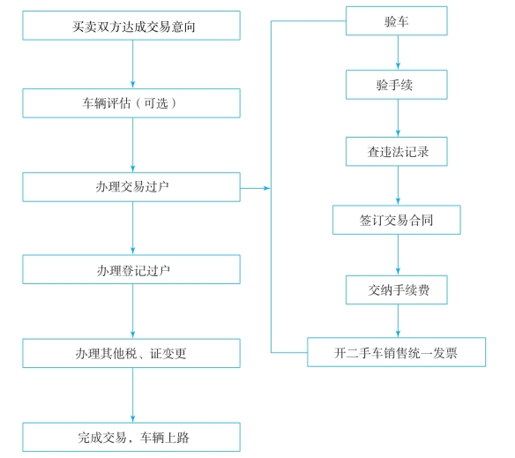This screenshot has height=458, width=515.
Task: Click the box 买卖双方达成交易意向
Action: pos(131,26)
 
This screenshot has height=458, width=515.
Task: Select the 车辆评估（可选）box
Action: pos(131,103)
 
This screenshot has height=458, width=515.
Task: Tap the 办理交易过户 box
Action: pos(131,187)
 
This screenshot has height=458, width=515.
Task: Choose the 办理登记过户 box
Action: pos(131,270)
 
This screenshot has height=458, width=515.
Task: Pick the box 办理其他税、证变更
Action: pos(131,354)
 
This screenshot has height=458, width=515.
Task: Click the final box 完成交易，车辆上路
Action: pos(131,438)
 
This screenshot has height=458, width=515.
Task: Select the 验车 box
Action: pos(397,20)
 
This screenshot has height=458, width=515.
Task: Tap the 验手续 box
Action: pos(397,85)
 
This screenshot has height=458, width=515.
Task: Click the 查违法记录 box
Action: pos(397,152)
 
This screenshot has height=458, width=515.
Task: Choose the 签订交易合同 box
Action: pos(397,220)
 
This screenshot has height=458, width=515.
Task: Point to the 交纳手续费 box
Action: pos(397,290)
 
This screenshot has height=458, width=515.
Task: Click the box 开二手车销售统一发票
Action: pos(397,352)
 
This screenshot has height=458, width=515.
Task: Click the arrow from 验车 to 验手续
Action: pos(398,53)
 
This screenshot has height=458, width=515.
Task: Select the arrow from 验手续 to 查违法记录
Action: pos(398,118)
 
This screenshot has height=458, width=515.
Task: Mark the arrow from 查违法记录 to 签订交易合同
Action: pos(398,186)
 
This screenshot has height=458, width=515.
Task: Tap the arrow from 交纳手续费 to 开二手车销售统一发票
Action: pos(398,321)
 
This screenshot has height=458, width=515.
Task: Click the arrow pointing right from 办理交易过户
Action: pos(256,188)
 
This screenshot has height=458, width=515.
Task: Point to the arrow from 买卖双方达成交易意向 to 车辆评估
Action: pos(132,64)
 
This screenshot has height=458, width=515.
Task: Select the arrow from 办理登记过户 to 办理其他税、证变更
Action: pos(132,312)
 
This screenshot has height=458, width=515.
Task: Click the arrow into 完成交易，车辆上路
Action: pos(132,395)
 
